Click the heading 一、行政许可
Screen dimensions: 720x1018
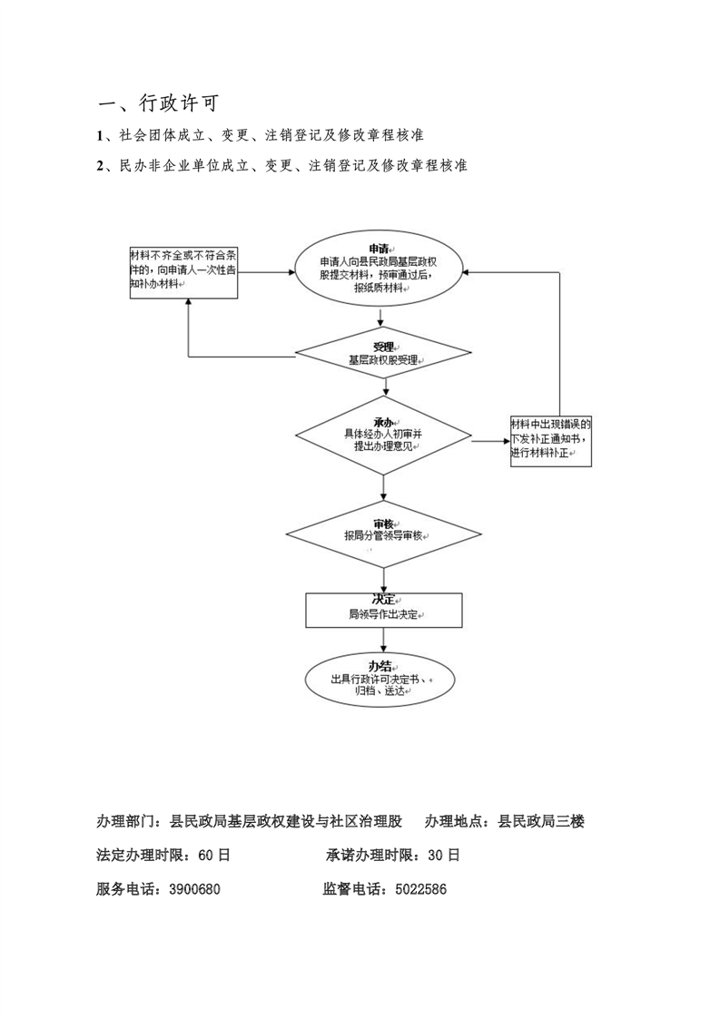point(159,103)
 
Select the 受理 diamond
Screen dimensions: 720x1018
point(383,354)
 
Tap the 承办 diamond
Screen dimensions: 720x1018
point(383,435)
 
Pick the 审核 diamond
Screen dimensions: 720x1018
point(384,534)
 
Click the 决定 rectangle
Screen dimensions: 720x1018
point(384,611)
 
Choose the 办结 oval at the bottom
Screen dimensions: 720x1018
point(380,680)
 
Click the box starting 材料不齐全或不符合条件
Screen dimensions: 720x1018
point(184,272)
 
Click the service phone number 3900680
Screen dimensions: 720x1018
point(194,889)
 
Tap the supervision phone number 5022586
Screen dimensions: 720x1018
point(421,889)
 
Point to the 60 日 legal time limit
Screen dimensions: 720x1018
point(213,855)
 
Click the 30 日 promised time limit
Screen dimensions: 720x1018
point(444,855)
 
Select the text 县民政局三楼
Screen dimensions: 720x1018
point(541,821)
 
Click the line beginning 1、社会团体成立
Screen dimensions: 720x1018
point(261,135)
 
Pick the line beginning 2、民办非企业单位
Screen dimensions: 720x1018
point(282,165)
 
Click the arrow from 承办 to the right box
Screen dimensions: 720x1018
point(491,441)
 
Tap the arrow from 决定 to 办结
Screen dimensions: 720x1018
point(384,641)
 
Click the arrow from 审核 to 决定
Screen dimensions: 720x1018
point(384,581)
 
